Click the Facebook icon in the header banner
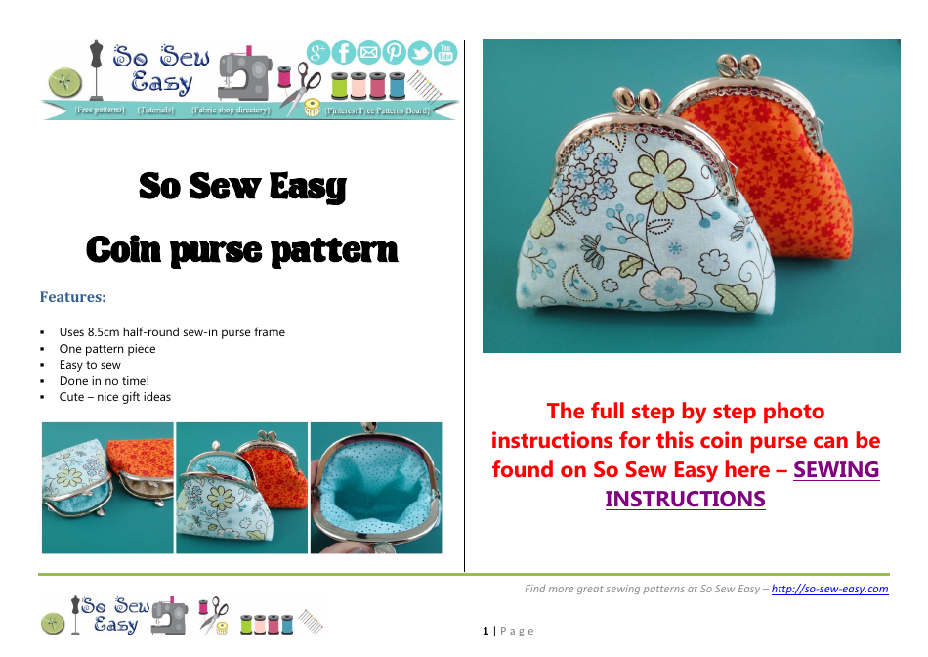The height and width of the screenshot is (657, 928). (x=344, y=52)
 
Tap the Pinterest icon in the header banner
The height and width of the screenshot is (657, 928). (x=395, y=52)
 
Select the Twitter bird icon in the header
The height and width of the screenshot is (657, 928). (x=420, y=53)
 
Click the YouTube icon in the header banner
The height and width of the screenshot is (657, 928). (x=445, y=52)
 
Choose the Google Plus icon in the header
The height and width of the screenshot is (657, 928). (x=318, y=52)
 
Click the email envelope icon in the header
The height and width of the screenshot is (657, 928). (x=369, y=52)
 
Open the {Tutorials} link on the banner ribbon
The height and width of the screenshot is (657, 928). (x=155, y=110)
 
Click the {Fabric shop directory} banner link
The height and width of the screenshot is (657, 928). (x=231, y=110)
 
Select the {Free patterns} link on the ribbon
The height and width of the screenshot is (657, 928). (x=100, y=110)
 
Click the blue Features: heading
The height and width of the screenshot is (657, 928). (x=72, y=296)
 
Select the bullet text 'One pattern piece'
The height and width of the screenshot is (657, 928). (x=107, y=349)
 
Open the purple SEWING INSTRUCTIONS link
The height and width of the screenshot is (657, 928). (x=742, y=484)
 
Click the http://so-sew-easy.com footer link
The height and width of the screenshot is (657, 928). (x=829, y=589)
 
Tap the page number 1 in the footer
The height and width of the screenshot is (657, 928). (x=485, y=632)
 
